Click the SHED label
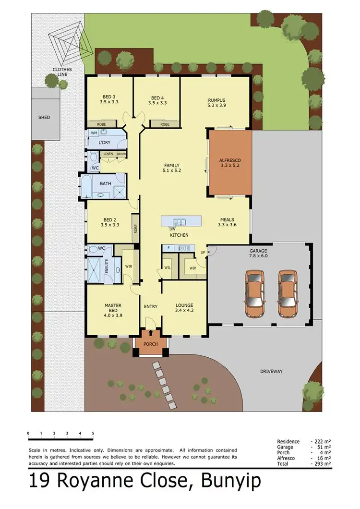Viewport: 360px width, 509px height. click(x=44, y=117)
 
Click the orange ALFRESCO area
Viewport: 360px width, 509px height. click(x=230, y=163)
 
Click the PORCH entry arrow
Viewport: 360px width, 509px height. click(x=152, y=332)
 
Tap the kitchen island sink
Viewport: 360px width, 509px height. click(x=180, y=221)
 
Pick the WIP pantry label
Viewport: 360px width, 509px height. click(x=193, y=268)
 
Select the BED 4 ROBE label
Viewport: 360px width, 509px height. click(x=165, y=124)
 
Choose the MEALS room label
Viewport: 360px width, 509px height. click(x=227, y=221)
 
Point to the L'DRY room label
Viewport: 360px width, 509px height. click(x=105, y=143)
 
